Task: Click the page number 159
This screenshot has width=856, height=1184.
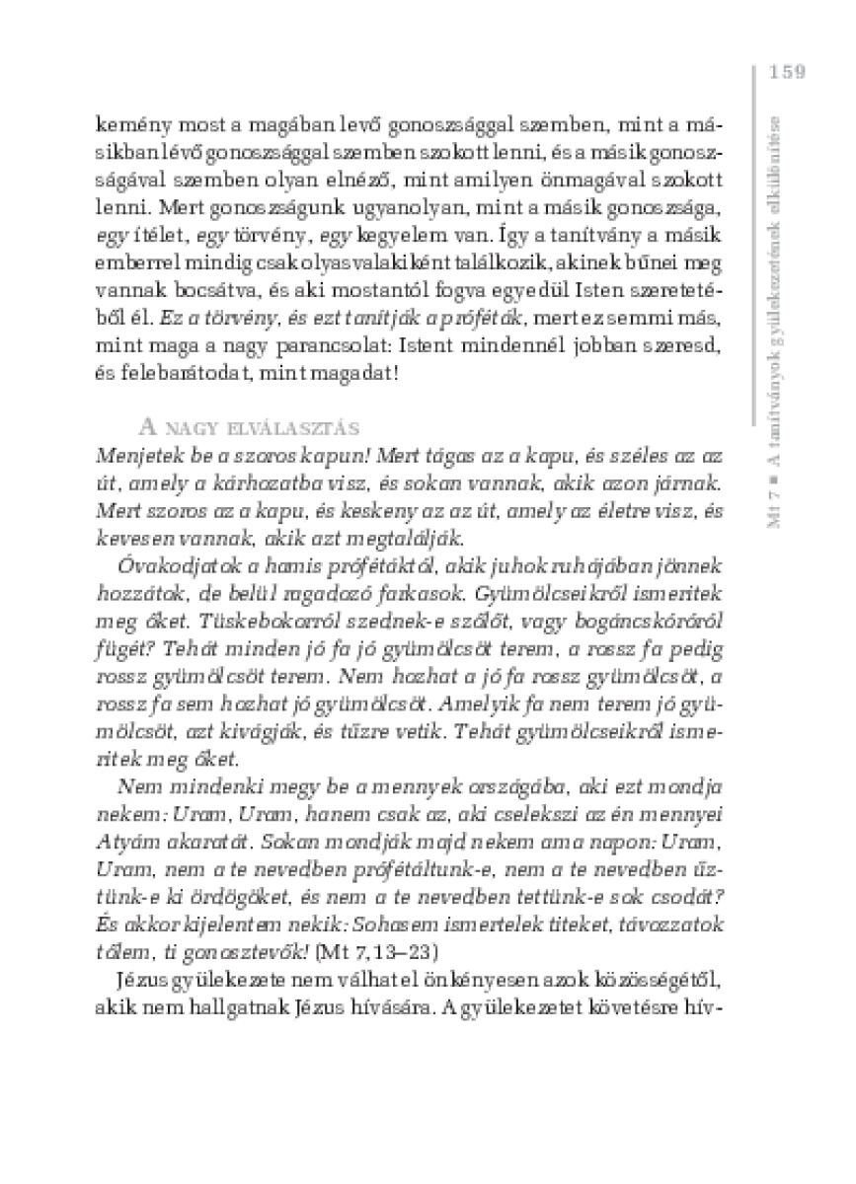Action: [x=786, y=71]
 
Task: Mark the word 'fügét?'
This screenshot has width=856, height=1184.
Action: [x=120, y=650]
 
